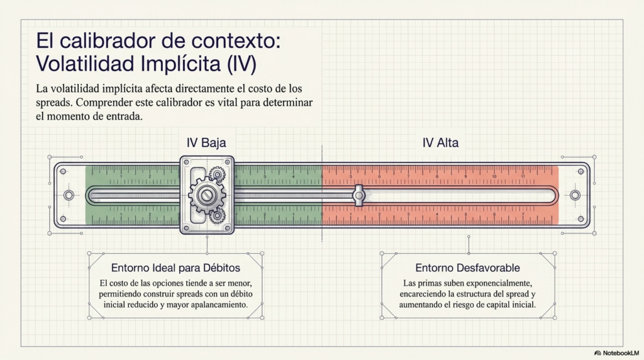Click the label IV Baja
point(206,143)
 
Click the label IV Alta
point(440,143)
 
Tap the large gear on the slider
point(206,195)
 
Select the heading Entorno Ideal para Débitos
point(176,268)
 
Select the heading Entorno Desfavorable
point(467,268)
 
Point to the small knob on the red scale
point(359,195)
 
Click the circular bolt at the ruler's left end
point(69,195)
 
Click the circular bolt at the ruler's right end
point(575,195)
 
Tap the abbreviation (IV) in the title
point(241,64)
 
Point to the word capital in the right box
point(494,305)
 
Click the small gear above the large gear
point(217,174)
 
